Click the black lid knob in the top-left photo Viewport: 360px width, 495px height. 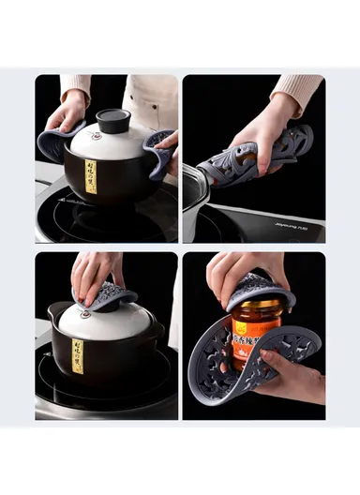pyautogui.click(x=113, y=119)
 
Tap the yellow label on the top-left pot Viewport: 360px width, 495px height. pyautogui.click(x=91, y=176)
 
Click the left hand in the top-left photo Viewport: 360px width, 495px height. pyautogui.click(x=67, y=112)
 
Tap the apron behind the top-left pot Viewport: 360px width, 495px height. pyautogui.click(x=150, y=99)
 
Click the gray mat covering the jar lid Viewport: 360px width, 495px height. pyautogui.click(x=259, y=292)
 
